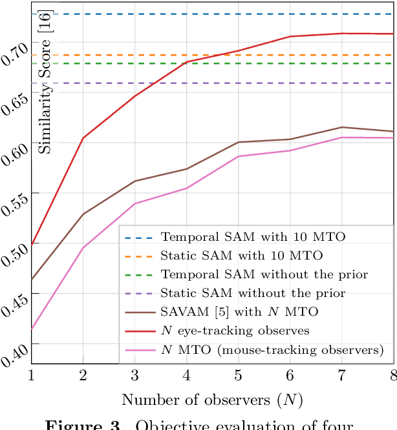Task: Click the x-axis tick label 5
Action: point(238,375)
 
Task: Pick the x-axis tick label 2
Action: point(83,375)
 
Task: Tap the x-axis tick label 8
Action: point(392,375)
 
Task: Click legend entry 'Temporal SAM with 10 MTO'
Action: point(253,237)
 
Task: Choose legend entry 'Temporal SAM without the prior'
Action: point(264,274)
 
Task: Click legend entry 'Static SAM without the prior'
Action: point(253,293)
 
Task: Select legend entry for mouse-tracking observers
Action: point(272,349)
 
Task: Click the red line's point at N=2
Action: point(83,138)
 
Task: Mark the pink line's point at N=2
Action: point(83,248)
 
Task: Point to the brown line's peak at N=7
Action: point(341,127)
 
